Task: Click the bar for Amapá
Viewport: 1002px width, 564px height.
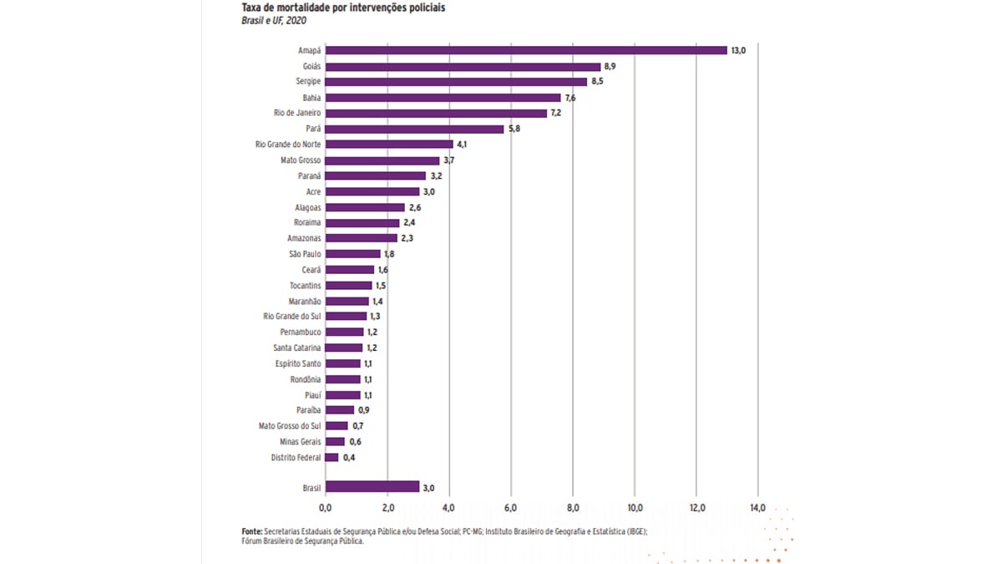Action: [x=526, y=50]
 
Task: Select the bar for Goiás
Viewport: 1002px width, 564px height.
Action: [x=463, y=66]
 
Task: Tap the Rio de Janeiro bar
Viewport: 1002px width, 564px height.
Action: [x=436, y=113]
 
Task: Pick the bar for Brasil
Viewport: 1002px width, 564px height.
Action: [x=372, y=487]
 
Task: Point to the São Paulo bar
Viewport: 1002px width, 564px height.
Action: [x=352, y=254]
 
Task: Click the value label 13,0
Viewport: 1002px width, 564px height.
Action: [x=738, y=50]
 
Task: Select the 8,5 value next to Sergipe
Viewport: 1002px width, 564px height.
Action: [x=598, y=82]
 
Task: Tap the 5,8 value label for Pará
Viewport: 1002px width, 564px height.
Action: [x=514, y=129]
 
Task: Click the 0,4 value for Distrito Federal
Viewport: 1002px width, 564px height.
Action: [x=349, y=457]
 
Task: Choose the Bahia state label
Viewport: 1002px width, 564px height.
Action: [x=311, y=97]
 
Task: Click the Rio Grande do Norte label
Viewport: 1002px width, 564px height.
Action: [x=288, y=145]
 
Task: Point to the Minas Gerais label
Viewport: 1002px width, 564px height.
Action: [x=301, y=441]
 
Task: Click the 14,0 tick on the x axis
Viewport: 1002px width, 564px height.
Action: [x=758, y=507]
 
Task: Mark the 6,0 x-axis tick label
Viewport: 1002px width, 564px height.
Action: [x=510, y=507]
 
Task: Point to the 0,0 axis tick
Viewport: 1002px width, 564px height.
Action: [x=325, y=507]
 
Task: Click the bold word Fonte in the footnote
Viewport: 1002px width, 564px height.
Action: [x=251, y=531]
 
